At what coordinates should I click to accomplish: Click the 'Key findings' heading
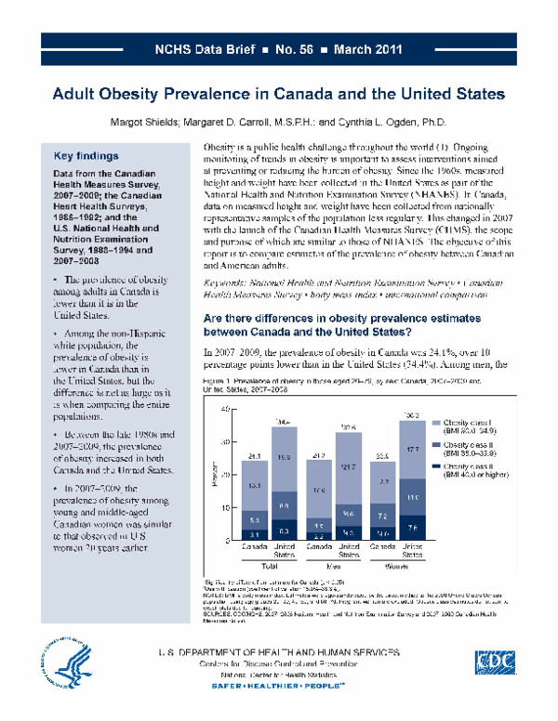pyautogui.click(x=86, y=156)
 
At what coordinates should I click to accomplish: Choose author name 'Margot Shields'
pyautogui.click(x=150, y=122)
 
